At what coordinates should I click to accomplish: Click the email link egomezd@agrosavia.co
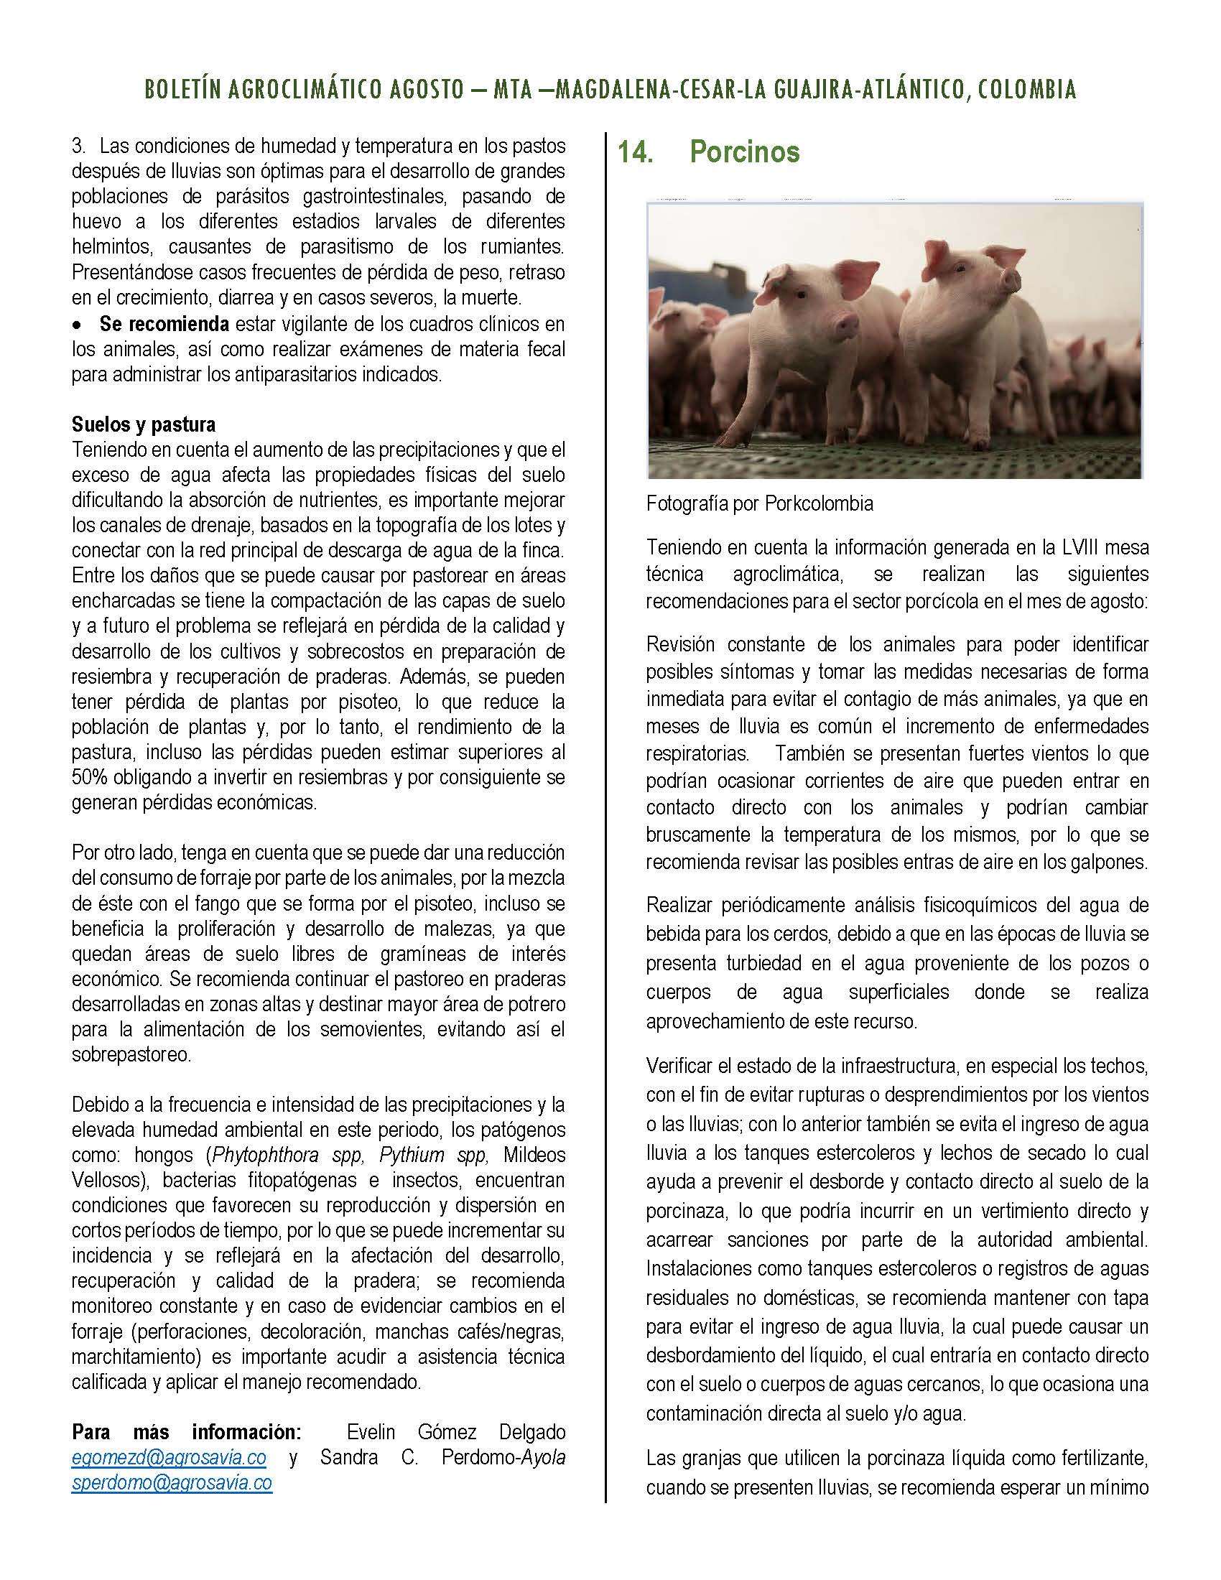(169, 1456)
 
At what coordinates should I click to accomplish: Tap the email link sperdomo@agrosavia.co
(172, 1482)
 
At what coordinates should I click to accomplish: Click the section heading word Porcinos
(744, 152)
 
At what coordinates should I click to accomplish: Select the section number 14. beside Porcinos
(634, 152)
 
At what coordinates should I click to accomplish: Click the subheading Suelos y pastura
(143, 423)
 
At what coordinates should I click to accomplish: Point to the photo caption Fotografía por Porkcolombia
(759, 503)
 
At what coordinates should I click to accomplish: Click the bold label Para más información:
(186, 1431)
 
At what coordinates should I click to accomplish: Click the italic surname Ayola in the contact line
(540, 1457)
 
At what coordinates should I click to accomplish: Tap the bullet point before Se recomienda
(77, 325)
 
